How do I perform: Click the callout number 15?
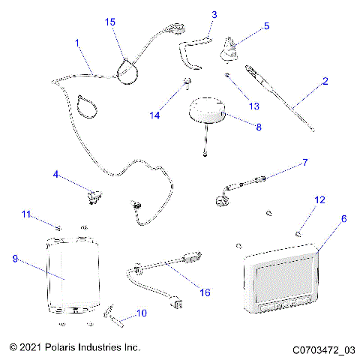click(110, 23)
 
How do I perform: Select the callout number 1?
click(78, 44)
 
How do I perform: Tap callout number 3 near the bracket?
click(214, 14)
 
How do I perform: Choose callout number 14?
click(155, 115)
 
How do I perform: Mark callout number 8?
click(259, 127)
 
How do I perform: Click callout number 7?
click(305, 161)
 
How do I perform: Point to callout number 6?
click(344, 219)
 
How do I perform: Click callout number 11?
click(25, 214)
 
